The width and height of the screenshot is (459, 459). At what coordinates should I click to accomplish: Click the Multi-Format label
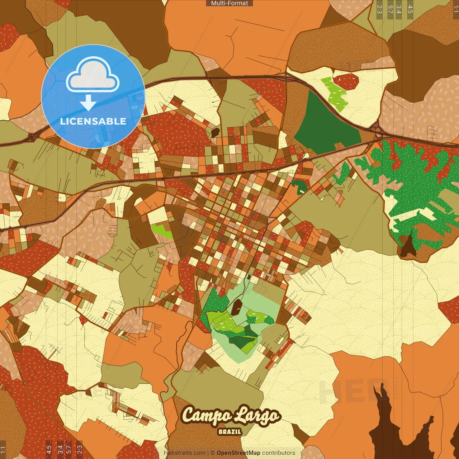(x=229, y=3)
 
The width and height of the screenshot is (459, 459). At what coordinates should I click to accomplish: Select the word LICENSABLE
(x=93, y=121)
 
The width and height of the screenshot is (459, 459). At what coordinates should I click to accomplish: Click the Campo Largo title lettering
(x=231, y=415)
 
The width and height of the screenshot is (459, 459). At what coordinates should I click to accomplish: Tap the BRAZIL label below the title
(x=230, y=432)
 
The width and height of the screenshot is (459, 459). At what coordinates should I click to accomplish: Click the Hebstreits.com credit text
(x=184, y=453)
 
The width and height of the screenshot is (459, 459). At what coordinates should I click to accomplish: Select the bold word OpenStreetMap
(x=238, y=453)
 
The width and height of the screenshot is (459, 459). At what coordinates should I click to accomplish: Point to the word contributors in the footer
(x=279, y=453)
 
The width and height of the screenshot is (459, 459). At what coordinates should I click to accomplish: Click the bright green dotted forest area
(x=412, y=179)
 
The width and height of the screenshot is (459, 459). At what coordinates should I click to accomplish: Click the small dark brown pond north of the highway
(x=215, y=132)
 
